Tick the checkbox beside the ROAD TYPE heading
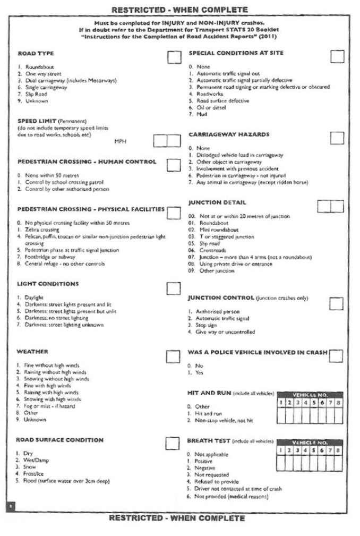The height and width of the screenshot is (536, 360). (x=174, y=57)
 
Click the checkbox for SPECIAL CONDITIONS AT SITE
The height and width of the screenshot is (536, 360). (x=337, y=56)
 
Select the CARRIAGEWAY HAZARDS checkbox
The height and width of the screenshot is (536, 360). (x=337, y=138)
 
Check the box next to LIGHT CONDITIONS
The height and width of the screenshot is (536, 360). (x=174, y=288)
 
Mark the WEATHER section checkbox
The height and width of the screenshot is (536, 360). (x=173, y=356)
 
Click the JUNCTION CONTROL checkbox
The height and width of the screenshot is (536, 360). (x=336, y=303)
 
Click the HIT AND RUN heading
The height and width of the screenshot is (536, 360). (x=209, y=393)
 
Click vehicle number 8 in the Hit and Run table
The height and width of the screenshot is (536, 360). (x=338, y=403)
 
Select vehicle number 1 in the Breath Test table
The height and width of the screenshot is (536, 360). (x=281, y=450)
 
